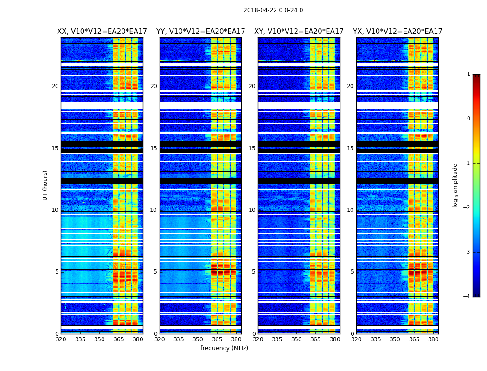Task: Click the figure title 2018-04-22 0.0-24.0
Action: click(273, 10)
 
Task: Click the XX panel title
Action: click(102, 32)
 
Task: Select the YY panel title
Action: click(200, 32)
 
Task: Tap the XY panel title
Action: click(299, 32)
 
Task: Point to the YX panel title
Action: click(397, 32)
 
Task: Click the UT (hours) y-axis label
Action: click(45, 185)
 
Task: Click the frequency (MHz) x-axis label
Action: click(224, 348)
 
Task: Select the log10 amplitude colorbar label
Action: click(455, 185)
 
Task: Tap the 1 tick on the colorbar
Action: click(468, 74)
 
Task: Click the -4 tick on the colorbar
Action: click(467, 297)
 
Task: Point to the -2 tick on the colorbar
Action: click(467, 208)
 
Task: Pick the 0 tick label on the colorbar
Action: click(468, 119)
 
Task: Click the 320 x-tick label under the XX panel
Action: click(61, 339)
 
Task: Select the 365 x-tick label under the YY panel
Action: click(217, 339)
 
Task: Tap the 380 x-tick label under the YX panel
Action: click(433, 339)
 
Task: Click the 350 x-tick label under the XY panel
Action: click(296, 339)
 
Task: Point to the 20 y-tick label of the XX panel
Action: click(55, 86)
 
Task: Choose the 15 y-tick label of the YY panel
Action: click(154, 148)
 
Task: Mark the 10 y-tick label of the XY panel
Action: click(252, 210)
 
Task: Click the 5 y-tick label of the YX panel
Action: click(352, 272)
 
